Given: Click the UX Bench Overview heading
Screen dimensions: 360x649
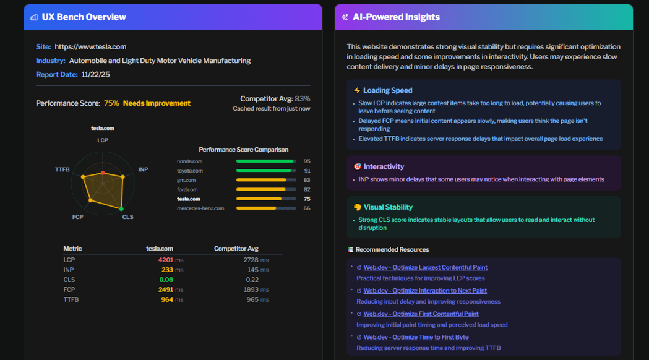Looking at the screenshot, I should pyautogui.click(x=84, y=17).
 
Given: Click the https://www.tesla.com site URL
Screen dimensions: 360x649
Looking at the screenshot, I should pyautogui.click(x=90, y=47).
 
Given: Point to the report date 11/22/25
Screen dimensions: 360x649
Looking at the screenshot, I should pyautogui.click(x=95, y=74).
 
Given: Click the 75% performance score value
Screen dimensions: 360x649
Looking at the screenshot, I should pyautogui.click(x=111, y=103).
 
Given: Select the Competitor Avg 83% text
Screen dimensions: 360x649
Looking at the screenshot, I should pyautogui.click(x=275, y=99).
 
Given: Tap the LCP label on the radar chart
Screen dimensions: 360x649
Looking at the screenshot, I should pyautogui.click(x=103, y=140).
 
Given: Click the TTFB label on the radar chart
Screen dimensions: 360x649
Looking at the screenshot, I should pyautogui.click(x=62, y=169).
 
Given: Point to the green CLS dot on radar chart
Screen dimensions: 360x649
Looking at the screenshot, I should pyautogui.click(x=122, y=209).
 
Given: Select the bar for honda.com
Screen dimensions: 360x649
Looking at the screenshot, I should pyautogui.click(x=265, y=161).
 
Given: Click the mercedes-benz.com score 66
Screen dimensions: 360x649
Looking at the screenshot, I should pyautogui.click(x=307, y=208).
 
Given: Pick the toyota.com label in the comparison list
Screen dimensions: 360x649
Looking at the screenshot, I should pyautogui.click(x=190, y=171).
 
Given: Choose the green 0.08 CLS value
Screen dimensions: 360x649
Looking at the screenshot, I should pyautogui.click(x=166, y=280).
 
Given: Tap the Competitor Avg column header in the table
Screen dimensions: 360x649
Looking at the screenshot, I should pyautogui.click(x=236, y=249).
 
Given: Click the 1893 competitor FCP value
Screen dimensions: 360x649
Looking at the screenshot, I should pyautogui.click(x=251, y=290).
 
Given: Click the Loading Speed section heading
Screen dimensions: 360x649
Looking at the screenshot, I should pyautogui.click(x=387, y=90).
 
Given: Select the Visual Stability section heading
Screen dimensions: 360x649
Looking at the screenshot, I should pyautogui.click(x=388, y=207).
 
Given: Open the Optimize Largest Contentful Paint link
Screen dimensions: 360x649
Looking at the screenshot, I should pyautogui.click(x=425, y=268).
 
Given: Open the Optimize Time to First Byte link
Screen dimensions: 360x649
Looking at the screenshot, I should pyautogui.click(x=416, y=338).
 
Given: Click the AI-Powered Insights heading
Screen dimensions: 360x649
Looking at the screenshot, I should pyautogui.click(x=396, y=17).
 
